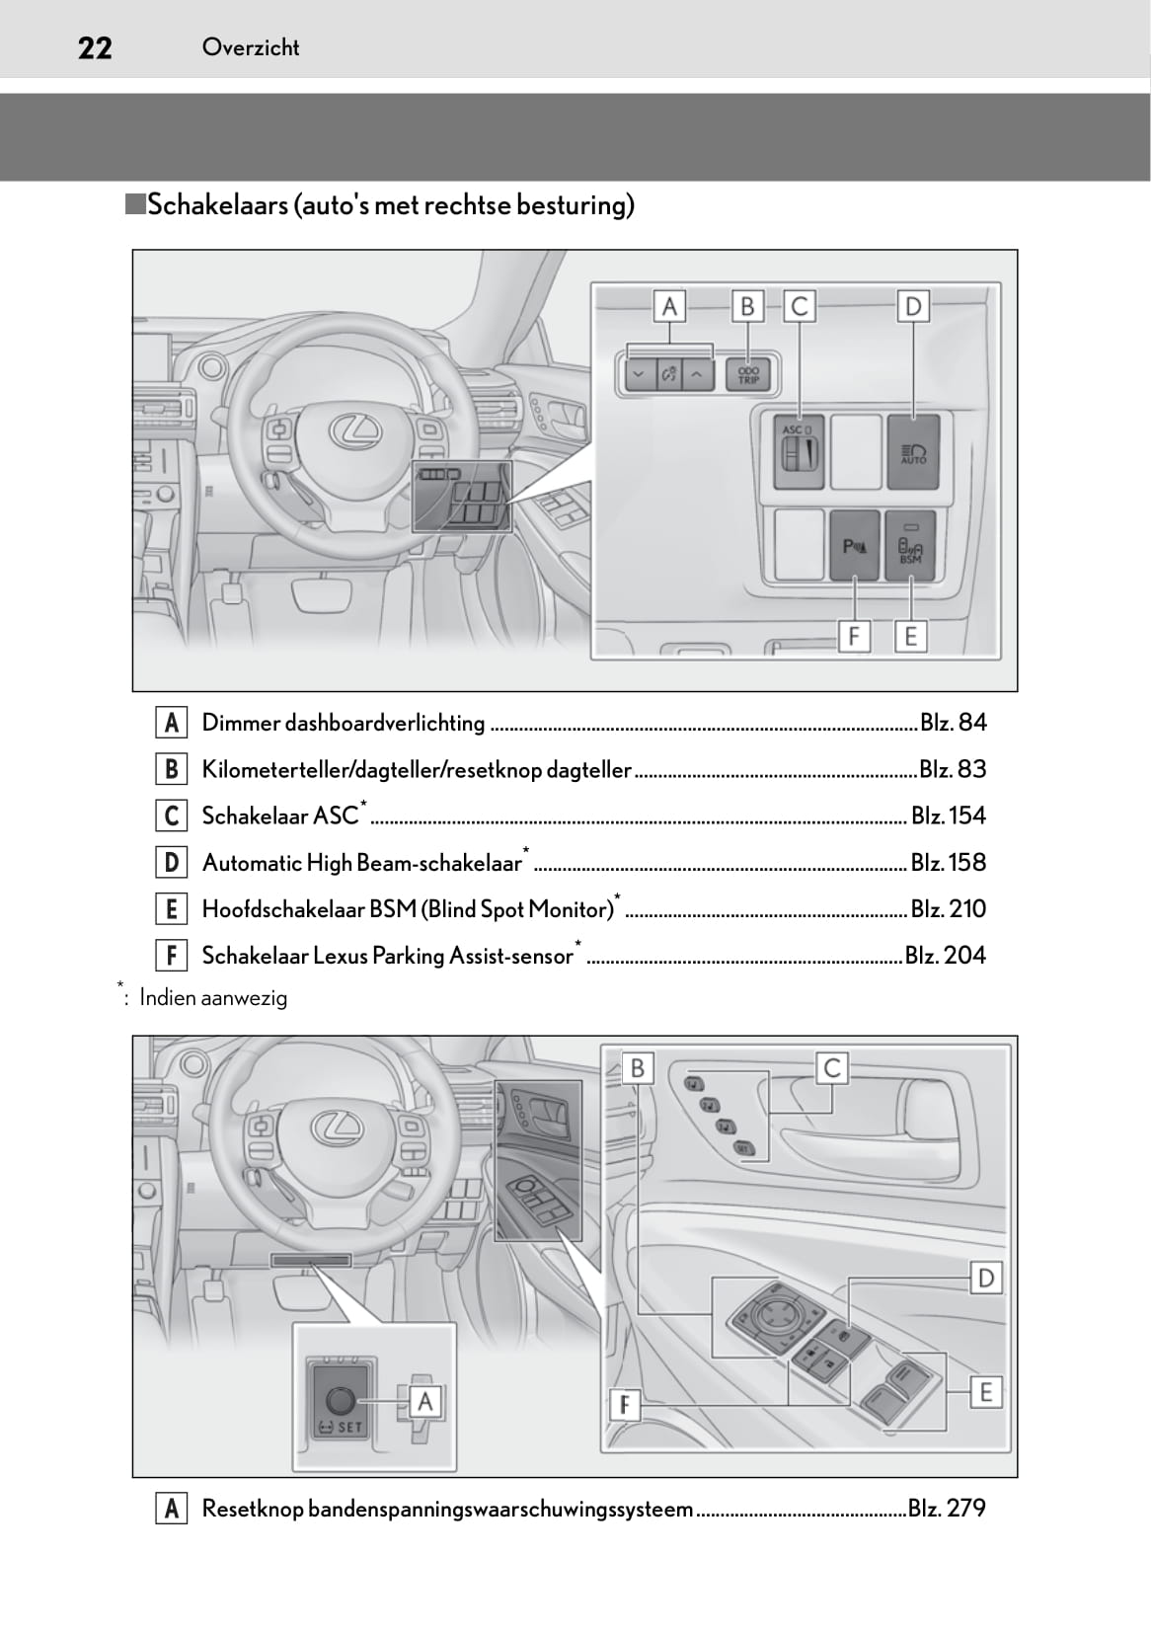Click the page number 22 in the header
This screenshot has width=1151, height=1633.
95,47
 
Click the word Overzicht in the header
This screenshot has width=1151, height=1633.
250,47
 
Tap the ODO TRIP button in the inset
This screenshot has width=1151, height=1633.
748,374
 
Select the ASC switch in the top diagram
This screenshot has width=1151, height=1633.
799,453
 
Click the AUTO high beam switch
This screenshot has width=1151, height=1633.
913,453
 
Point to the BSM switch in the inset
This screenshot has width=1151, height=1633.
910,545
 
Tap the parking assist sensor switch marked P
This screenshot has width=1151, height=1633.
855,545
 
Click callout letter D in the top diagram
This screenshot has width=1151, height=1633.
913,307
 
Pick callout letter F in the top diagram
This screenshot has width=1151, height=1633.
854,637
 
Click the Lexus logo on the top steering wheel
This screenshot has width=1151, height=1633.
353,428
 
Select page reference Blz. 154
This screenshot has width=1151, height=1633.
948,816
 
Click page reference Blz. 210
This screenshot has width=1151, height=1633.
948,908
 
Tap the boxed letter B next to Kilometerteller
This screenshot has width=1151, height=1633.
172,769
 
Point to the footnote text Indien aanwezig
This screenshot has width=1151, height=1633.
213,998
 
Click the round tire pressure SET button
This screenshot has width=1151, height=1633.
340,1400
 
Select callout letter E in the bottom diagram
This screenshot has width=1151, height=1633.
984,1392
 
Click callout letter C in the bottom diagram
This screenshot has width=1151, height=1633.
832,1068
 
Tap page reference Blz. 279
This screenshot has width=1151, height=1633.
947,1508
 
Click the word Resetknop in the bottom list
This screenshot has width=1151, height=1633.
252,1509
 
